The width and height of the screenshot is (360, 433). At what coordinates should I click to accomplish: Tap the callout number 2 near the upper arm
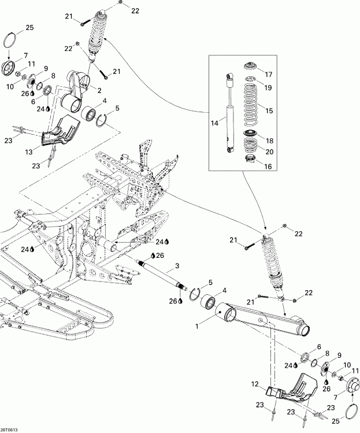click(x=99, y=90)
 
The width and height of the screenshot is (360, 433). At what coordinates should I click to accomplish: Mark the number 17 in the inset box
click(x=268, y=74)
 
